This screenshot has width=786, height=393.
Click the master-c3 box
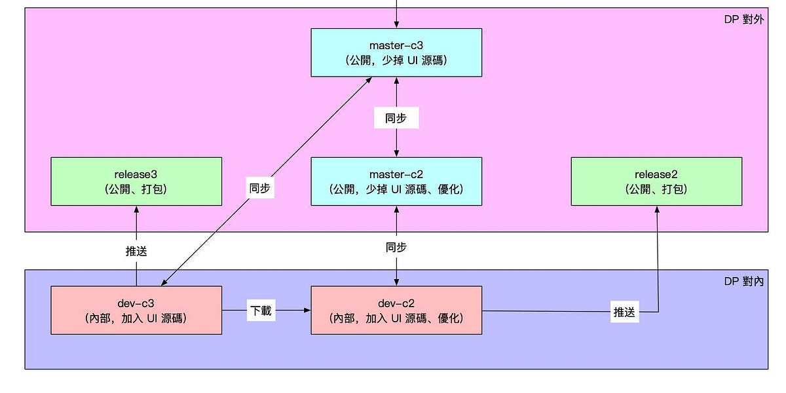coord(396,52)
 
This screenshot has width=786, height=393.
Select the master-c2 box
coord(396,181)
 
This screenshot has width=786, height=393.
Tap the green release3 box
coord(136,181)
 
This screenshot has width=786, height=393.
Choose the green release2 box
coord(656,181)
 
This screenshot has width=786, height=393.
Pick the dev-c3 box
coord(136,310)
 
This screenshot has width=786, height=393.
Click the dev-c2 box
coord(396,310)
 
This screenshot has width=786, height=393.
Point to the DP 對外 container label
coord(743,19)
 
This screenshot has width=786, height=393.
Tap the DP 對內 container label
coord(743,281)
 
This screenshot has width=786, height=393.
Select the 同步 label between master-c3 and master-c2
coord(396,118)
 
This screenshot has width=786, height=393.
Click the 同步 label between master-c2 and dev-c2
coord(396,247)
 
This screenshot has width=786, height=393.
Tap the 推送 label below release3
coord(136,251)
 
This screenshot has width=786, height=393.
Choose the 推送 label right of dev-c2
coord(624,312)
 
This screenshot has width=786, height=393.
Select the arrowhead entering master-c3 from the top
coord(396,25)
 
